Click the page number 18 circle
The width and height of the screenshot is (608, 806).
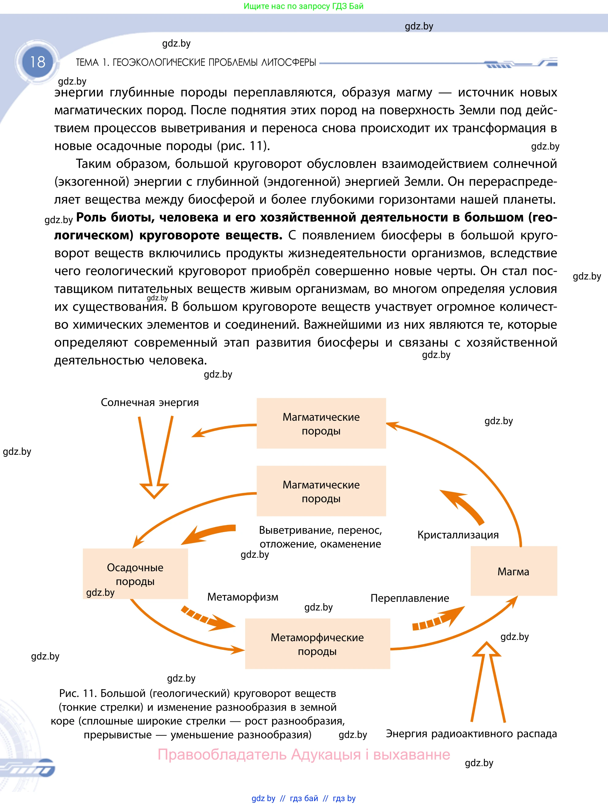[x=37, y=62]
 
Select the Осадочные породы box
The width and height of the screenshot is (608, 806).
[x=135, y=574]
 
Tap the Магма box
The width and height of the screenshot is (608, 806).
[x=513, y=571]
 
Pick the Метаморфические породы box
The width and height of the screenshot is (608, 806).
[x=317, y=644]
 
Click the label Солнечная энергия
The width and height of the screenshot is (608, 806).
[x=150, y=402]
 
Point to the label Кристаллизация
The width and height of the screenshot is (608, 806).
[x=458, y=535]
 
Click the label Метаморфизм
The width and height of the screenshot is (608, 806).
[x=243, y=597]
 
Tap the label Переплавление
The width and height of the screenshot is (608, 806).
[x=409, y=598]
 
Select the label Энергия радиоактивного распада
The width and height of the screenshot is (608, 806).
[x=471, y=733]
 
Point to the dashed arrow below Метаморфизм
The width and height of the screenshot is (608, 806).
[x=208, y=619]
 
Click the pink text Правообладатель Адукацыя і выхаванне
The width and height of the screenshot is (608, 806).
[x=304, y=754]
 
